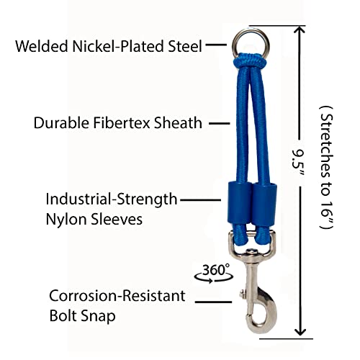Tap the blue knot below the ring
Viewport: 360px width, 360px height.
point(250,61)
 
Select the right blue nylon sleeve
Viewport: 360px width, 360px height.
point(265,204)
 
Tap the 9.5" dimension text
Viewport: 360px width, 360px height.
point(298,163)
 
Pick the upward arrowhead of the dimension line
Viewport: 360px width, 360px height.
point(300,30)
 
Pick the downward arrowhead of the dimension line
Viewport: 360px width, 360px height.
point(300,332)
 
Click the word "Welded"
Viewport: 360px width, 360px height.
point(42,46)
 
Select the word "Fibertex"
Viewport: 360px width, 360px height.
point(121,123)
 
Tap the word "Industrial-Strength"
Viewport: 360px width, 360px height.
point(112,200)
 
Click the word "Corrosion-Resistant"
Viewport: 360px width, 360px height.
point(117,296)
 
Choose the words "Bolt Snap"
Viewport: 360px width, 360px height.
point(82,316)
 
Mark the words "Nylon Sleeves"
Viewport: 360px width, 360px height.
point(94,219)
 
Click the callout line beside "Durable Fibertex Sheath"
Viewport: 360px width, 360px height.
point(220,123)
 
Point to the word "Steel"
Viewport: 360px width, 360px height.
point(185,46)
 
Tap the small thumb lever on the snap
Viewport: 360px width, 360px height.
point(243,293)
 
